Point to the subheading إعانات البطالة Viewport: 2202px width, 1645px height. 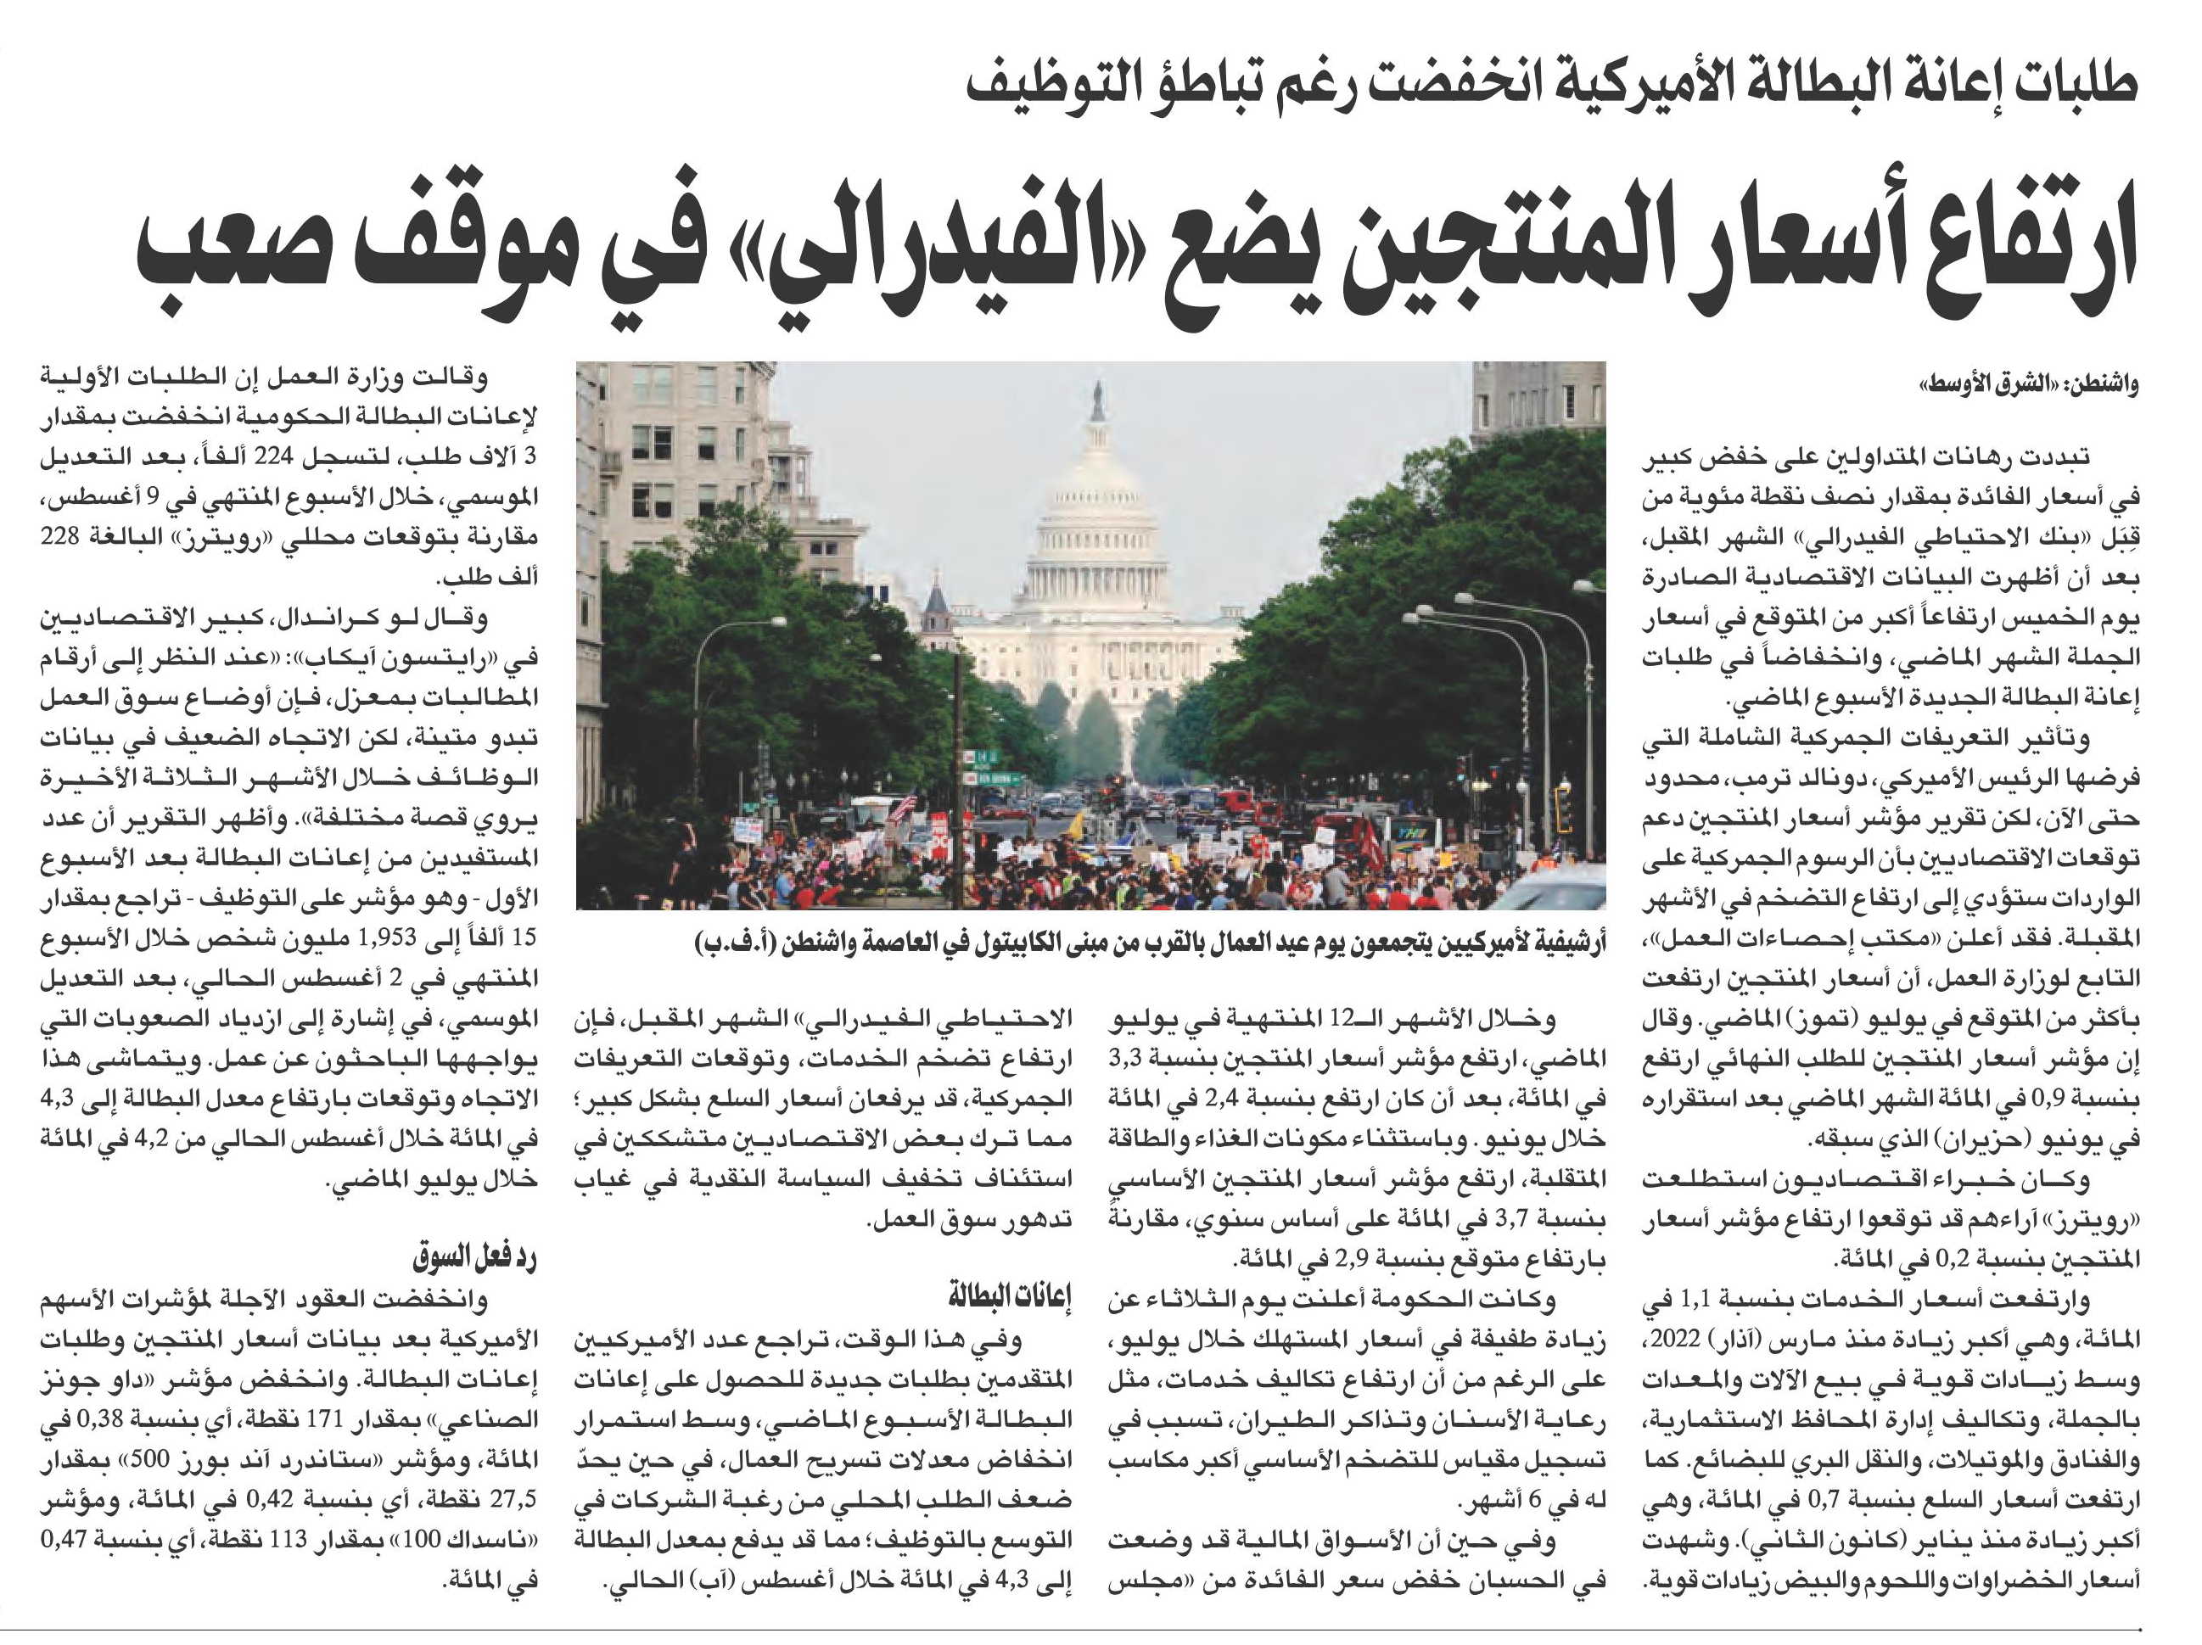1010,1296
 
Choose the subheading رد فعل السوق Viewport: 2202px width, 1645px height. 475,1258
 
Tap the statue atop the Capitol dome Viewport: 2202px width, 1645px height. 1098,400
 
